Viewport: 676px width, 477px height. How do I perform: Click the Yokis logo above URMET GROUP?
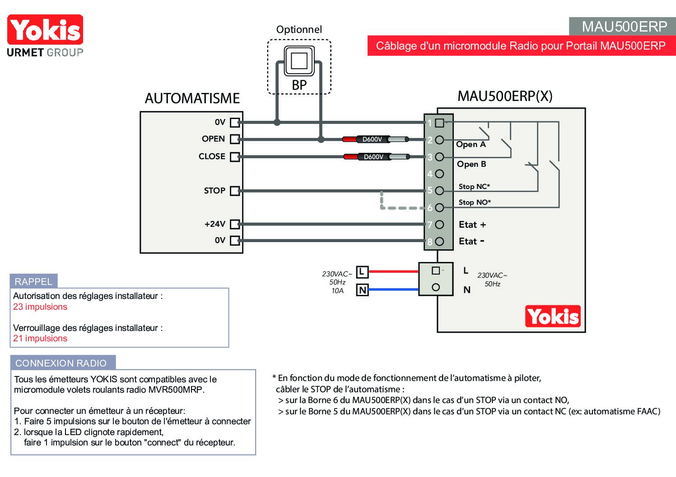[45, 29]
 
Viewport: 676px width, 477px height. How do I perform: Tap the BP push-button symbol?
[299, 60]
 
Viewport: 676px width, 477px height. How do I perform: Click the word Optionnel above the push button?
[299, 29]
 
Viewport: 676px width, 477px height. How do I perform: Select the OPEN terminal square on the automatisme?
[235, 139]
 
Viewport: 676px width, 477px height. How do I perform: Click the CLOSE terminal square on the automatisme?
[235, 157]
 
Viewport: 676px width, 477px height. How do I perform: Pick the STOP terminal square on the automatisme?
[235, 191]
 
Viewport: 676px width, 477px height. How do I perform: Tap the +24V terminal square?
[235, 224]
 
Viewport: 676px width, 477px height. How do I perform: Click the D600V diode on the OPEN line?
[375, 139]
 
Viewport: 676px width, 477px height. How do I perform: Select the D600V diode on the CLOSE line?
[377, 157]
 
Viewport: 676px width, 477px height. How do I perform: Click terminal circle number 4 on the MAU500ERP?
[439, 174]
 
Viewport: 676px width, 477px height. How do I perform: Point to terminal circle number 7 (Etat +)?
[439, 225]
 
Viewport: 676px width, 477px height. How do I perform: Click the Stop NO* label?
[475, 202]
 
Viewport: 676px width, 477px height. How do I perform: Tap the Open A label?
[471, 144]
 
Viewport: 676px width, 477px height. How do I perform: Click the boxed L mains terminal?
[362, 272]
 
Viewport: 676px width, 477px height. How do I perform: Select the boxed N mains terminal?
[362, 290]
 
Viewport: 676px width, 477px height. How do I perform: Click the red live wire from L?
[393, 271]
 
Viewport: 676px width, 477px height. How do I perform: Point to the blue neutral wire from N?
[393, 289]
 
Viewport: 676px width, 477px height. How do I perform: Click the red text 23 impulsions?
[40, 307]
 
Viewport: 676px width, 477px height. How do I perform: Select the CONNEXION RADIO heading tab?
[63, 362]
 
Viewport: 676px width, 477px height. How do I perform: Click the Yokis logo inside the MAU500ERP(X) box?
[553, 316]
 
